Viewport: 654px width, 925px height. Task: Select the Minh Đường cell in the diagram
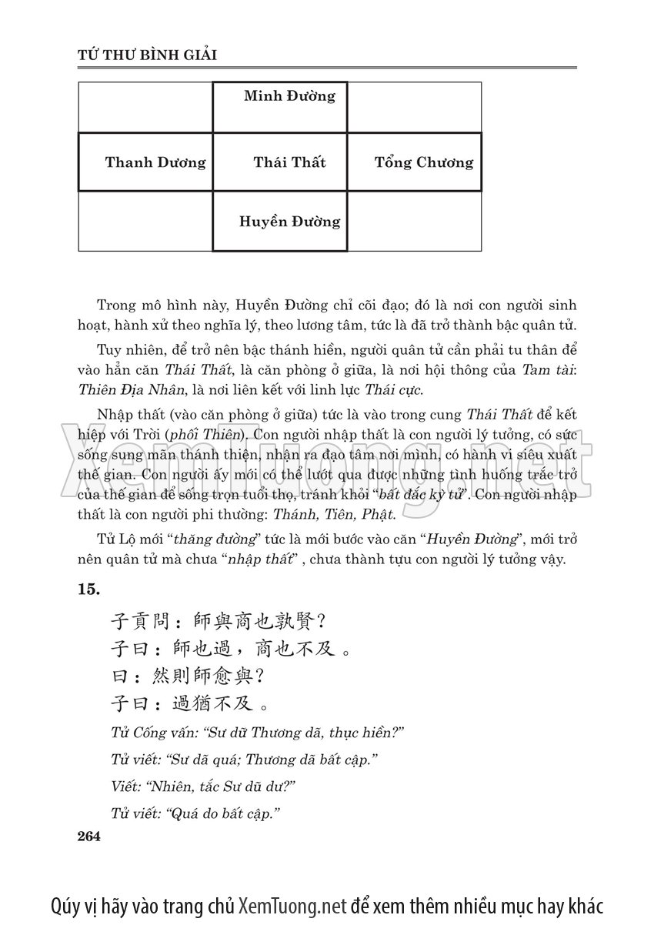click(x=289, y=96)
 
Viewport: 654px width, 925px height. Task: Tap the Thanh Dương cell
click(x=155, y=162)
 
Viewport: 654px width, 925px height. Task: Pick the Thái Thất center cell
click(x=289, y=162)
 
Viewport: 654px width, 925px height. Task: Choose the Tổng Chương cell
click(x=424, y=162)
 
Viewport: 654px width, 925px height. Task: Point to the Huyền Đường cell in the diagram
click(x=289, y=222)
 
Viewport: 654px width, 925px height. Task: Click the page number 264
click(x=90, y=837)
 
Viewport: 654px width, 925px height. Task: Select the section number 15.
click(x=89, y=589)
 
